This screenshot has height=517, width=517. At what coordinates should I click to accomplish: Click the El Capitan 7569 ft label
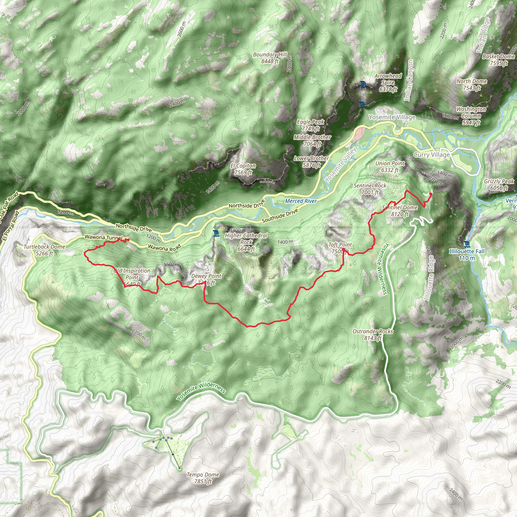[x=243, y=169]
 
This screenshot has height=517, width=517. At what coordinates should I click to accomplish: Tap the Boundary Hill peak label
[x=270, y=58]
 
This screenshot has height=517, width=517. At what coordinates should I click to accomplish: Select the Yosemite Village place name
[x=392, y=117]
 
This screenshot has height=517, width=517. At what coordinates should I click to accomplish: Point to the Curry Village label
[x=431, y=155]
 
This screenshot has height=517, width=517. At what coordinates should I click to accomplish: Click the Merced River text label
[x=301, y=201]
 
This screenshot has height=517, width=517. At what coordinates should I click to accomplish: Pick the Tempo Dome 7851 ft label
[x=203, y=478]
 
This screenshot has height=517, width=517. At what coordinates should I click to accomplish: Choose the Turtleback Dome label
[x=44, y=250]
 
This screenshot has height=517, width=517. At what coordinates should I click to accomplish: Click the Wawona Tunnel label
[x=103, y=237]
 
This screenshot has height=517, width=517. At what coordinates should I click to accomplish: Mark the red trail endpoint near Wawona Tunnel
[x=128, y=240]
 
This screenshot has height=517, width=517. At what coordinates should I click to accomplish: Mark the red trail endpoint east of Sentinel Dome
[x=431, y=194]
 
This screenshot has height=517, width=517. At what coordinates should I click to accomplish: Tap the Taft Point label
[x=340, y=248]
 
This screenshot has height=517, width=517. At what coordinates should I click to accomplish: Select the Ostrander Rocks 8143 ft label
[x=373, y=334]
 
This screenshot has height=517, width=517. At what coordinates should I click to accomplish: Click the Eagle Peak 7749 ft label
[x=311, y=125]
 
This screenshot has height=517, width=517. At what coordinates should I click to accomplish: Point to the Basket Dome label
[x=499, y=60]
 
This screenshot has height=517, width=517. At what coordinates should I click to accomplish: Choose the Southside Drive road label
[x=280, y=216]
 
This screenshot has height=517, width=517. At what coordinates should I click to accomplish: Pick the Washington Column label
[x=471, y=116]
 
